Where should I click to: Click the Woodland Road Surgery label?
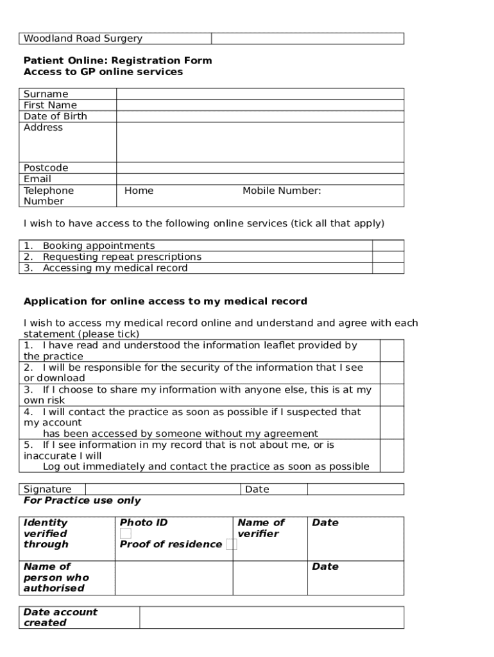[83, 38]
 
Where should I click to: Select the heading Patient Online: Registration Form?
[117, 61]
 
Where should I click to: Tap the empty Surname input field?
[260, 94]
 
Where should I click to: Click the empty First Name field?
[260, 105]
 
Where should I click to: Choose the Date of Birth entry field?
[260, 116]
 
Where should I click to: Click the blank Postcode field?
[260, 168]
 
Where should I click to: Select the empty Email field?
[260, 179]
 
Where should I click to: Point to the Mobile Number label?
[282, 191]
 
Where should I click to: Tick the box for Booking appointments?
[388, 246]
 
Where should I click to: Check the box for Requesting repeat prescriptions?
[388, 257]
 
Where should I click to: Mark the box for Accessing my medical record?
[388, 268]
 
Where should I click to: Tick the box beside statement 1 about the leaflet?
[391, 350]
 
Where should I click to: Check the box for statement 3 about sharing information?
[391, 395]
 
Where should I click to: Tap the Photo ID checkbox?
[126, 534]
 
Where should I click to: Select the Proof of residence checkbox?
[231, 545]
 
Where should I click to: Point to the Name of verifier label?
[260, 528]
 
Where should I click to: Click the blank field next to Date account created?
[271, 617]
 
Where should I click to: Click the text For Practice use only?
[82, 500]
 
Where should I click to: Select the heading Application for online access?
[165, 301]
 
